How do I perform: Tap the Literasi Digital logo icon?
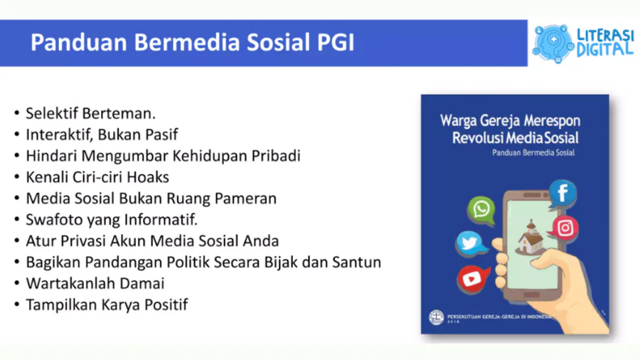[x=553, y=43]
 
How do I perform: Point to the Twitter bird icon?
[x=471, y=244]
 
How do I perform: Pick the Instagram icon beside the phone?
[x=565, y=228]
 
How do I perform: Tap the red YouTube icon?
[x=472, y=280]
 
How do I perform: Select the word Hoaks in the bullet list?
[x=148, y=177]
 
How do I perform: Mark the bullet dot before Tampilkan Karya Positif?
[x=17, y=305]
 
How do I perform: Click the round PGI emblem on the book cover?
[x=436, y=317]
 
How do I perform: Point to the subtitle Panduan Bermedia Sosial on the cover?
[x=533, y=153]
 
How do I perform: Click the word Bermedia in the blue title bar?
[x=186, y=43]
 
